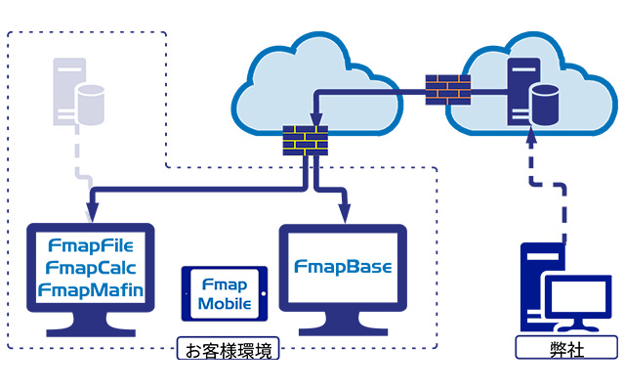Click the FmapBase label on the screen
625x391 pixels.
tap(342, 267)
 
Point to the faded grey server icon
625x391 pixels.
tap(68, 92)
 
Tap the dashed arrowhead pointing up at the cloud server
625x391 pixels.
tap(531, 138)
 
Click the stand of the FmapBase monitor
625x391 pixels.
tap(342, 326)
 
